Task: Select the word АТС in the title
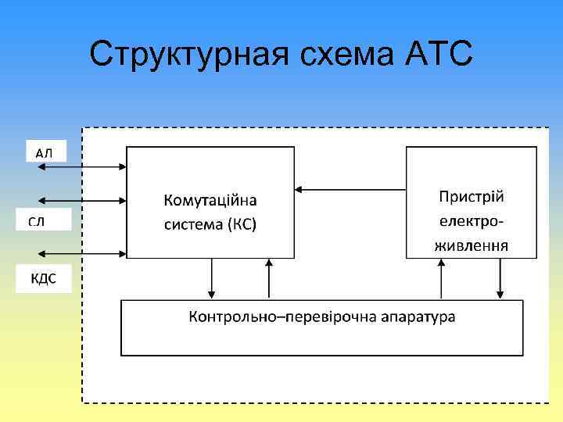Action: pyautogui.click(x=439, y=54)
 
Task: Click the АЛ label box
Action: pyautogui.click(x=45, y=152)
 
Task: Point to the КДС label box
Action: pyautogui.click(x=44, y=279)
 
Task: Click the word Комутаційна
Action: pyautogui.click(x=210, y=201)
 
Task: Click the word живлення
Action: pyautogui.click(x=471, y=245)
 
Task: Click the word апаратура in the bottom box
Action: pyautogui.click(x=414, y=317)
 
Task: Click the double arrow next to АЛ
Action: pyautogui.click(x=81, y=166)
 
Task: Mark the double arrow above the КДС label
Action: pyautogui.click(x=81, y=253)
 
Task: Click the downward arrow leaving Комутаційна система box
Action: pyautogui.click(x=212, y=278)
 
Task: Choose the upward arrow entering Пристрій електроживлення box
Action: pyautogui.click(x=442, y=278)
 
